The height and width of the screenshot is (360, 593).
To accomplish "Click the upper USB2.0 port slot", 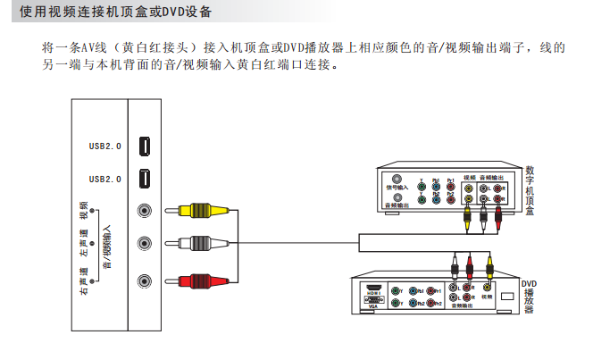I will (144, 147).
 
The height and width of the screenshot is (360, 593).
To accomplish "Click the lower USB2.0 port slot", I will (144, 180).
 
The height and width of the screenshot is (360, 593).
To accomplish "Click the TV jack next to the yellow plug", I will (144, 212).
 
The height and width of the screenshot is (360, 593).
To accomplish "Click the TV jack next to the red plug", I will (144, 280).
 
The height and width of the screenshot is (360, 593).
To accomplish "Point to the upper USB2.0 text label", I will (104, 146).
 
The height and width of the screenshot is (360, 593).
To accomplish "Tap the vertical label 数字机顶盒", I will (530, 192).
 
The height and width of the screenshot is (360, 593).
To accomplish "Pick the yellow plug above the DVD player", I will (488, 264).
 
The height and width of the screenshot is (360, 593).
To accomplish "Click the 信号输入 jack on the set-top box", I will (397, 180).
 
